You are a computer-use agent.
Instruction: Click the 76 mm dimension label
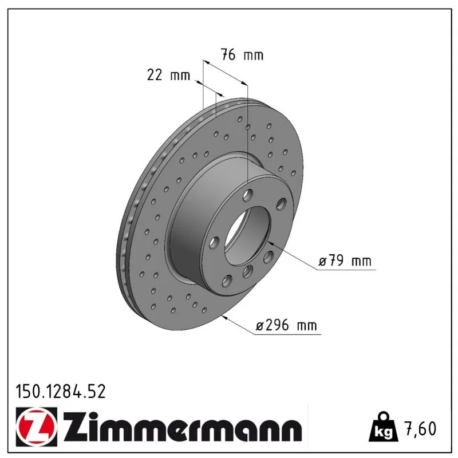(242, 54)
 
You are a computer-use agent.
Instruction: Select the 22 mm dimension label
(168, 75)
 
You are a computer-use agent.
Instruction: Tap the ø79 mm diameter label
(345, 260)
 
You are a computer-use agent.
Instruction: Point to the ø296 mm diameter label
(286, 325)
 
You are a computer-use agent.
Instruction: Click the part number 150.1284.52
(61, 392)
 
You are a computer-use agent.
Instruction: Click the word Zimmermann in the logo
(183, 427)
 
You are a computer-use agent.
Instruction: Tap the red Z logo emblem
(37, 427)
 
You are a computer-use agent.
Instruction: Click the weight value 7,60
(421, 428)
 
